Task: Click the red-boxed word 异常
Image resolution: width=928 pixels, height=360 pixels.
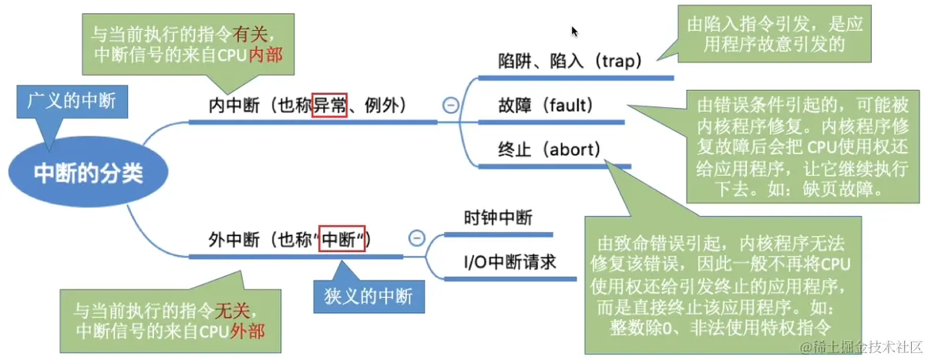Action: click(329, 103)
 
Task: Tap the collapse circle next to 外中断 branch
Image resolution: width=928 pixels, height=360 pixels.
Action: click(417, 238)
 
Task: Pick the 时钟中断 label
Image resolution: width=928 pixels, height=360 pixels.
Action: click(498, 218)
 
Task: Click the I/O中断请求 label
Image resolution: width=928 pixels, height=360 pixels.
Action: click(509, 262)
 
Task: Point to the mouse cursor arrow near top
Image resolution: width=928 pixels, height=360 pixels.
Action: click(574, 31)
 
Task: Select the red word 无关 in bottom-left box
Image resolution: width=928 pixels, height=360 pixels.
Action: click(233, 311)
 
